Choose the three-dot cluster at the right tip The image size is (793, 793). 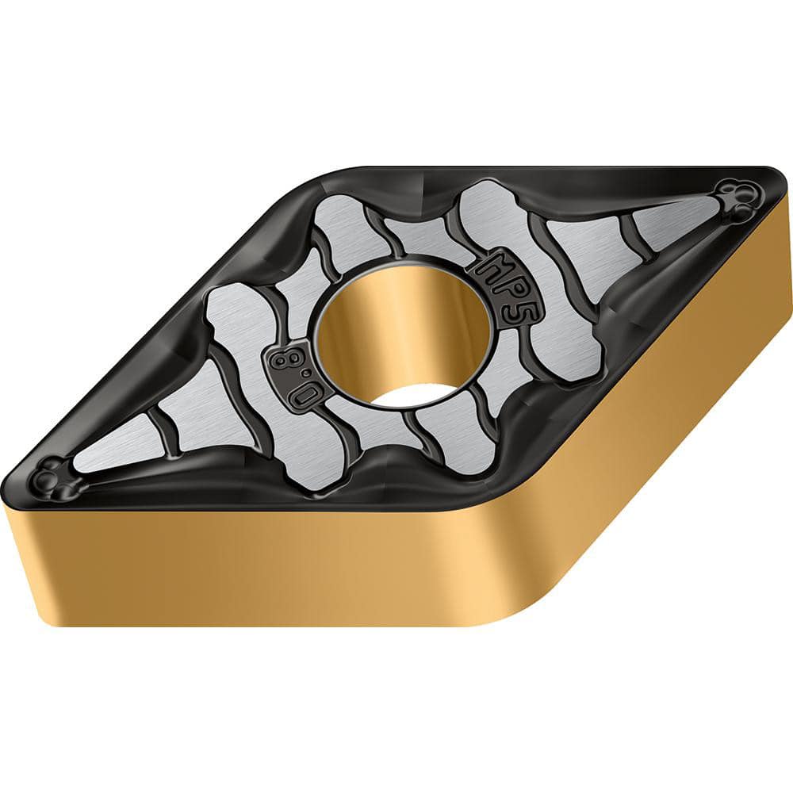pos(737,198)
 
